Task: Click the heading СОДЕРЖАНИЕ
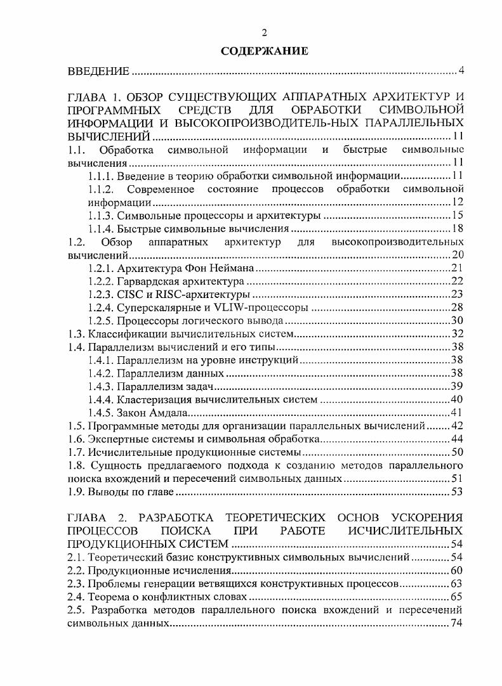pyautogui.click(x=265, y=51)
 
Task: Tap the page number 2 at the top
pyautogui.click(x=265, y=33)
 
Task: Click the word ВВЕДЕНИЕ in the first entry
pyautogui.click(x=98, y=70)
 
